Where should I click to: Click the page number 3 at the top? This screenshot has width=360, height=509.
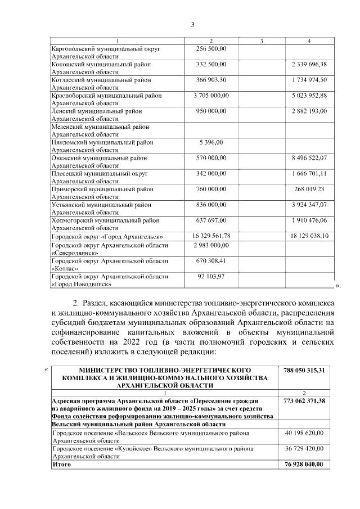click(x=193, y=24)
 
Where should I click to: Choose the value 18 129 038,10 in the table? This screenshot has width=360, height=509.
click(x=309, y=236)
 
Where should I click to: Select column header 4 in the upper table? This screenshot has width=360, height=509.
click(x=309, y=41)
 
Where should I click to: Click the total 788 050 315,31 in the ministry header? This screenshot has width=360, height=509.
click(x=304, y=371)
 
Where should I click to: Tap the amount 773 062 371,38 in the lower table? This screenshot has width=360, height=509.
click(x=304, y=400)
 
